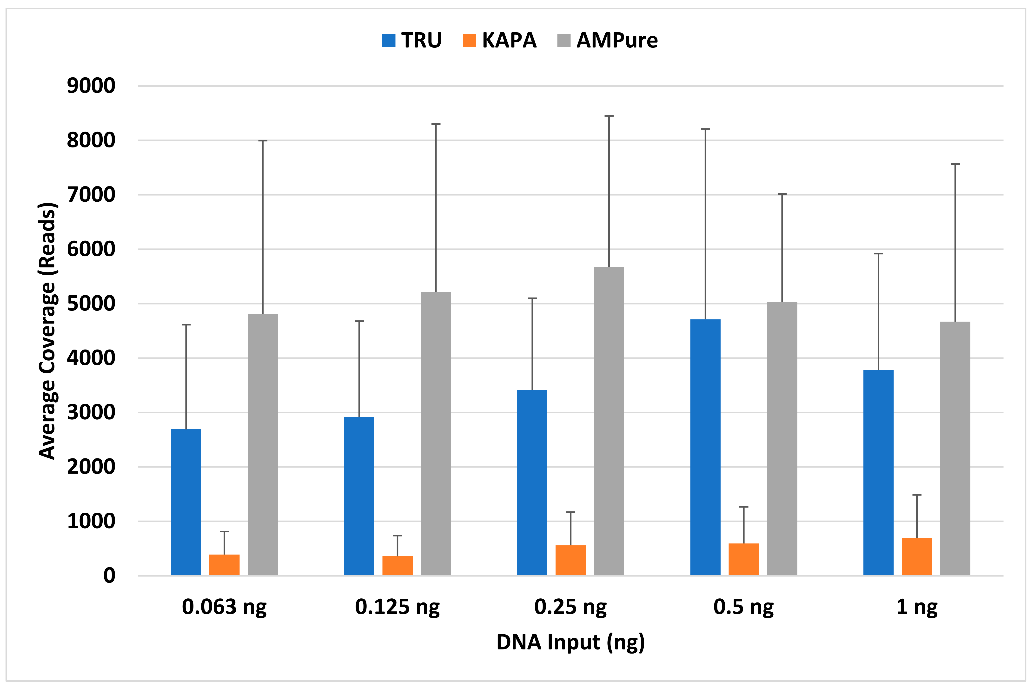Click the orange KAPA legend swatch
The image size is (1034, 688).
tap(469, 41)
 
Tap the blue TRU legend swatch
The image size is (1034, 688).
tap(389, 41)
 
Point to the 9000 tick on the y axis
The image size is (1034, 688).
tap(91, 86)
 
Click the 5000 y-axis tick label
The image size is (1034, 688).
tap(91, 304)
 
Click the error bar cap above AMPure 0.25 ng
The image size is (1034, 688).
tap(609, 116)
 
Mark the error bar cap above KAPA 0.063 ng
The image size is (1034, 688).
tap(224, 531)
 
